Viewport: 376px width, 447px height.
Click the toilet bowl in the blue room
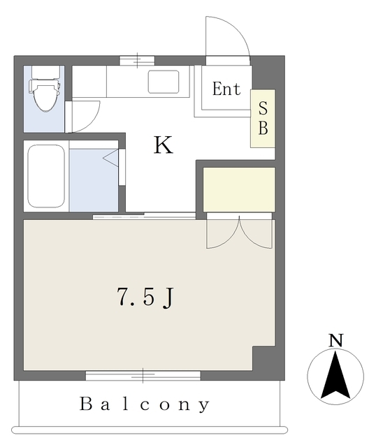coord(45,95)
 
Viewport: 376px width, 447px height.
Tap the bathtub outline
coord(46,177)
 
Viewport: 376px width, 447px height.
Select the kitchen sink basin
coord(164,82)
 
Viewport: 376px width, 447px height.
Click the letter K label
coord(164,145)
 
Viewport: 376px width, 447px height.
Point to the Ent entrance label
coord(226,89)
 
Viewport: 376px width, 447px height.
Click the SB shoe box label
coord(263,118)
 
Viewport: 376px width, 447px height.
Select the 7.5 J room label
coord(145,298)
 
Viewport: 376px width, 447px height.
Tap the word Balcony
coord(145,404)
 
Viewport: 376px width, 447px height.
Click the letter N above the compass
coord(335,340)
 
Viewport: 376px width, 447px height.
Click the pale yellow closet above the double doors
coord(239,189)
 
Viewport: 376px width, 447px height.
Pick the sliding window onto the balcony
coord(143,376)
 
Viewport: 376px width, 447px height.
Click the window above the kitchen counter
coord(137,61)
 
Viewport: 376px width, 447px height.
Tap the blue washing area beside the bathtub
coord(94,180)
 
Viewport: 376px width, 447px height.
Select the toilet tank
coord(45,72)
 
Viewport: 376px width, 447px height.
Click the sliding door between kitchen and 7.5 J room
coord(144,216)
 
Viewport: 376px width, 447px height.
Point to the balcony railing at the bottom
coord(150,430)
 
